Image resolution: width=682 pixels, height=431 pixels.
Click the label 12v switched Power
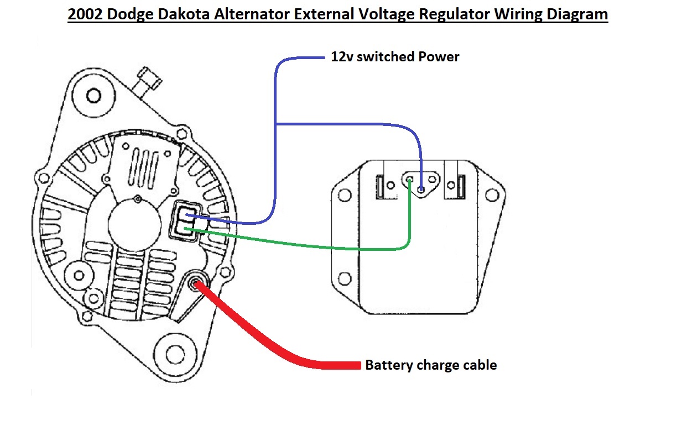[x=395, y=56]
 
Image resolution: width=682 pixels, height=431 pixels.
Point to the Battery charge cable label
[x=431, y=365]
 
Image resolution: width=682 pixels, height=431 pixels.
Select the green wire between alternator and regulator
[x=310, y=243]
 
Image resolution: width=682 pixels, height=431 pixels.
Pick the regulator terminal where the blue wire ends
[x=422, y=190]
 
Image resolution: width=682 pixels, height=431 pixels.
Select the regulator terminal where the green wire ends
[x=409, y=180]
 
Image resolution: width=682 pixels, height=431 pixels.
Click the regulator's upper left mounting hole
[x=344, y=195]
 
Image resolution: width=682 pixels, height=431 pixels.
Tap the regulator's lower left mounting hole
[x=344, y=278]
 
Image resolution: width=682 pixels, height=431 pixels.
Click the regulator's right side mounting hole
[x=491, y=195]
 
